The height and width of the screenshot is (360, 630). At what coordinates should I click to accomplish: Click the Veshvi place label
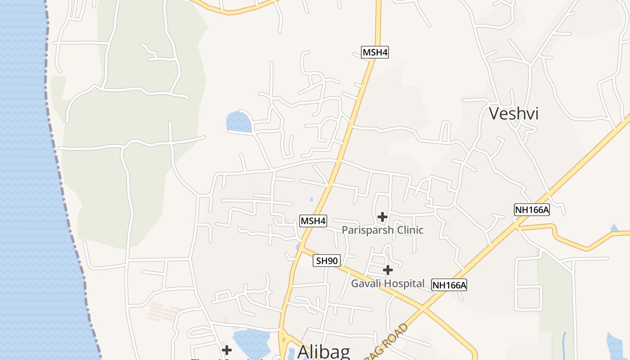coord(513,113)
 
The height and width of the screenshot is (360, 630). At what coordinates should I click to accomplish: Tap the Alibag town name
coord(324,351)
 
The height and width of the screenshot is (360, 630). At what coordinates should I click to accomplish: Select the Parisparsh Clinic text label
coord(382,230)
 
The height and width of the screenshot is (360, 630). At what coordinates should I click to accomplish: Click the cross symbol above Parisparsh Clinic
coord(382,217)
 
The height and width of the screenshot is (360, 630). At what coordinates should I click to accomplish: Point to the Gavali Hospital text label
coord(387,283)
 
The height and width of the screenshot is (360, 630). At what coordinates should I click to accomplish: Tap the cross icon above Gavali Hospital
coord(388,270)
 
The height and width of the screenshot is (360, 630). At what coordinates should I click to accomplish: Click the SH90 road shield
coord(327,261)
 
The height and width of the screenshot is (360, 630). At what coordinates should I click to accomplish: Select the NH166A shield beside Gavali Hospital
coord(449,284)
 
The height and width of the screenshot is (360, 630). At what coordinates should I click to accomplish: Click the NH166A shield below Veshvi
coord(532,209)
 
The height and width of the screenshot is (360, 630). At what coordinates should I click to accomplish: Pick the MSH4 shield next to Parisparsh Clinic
coord(313,221)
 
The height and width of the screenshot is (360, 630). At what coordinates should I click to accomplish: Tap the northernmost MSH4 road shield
coord(375,52)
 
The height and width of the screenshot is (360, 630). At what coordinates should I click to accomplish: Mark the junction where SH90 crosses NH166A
coord(423,309)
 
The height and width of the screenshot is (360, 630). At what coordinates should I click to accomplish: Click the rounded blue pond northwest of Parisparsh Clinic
coord(238,122)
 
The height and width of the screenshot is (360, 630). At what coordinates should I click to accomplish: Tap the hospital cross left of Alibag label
coord(227,350)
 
